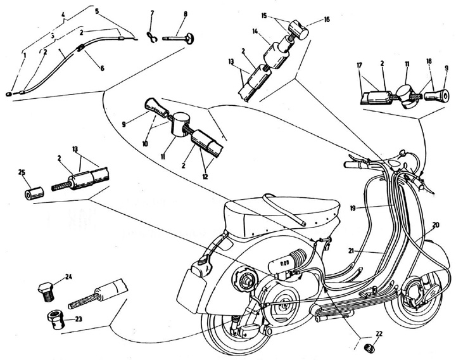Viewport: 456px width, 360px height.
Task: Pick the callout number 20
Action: click(x=435, y=226)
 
